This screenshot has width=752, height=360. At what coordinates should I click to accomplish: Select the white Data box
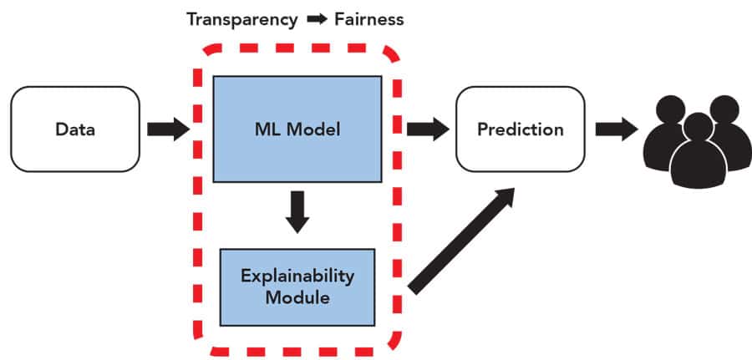pos(75,129)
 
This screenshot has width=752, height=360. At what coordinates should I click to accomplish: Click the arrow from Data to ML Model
pos(168,129)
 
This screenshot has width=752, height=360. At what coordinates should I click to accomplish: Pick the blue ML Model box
pos(297,129)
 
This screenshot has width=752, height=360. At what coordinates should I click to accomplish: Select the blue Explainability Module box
pos(297,286)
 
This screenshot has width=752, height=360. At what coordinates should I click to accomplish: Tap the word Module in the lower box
pos(297,296)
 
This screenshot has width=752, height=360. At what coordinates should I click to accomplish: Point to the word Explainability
pos(297,276)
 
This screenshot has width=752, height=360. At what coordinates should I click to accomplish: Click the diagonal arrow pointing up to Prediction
pos(460,242)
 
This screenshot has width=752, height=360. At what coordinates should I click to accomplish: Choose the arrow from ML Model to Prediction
pos(427,129)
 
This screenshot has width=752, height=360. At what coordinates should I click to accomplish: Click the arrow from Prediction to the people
pos(617,129)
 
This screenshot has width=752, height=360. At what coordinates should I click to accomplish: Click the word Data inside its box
pos(75,129)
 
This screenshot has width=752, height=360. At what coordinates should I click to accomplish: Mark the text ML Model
pos(297,129)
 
